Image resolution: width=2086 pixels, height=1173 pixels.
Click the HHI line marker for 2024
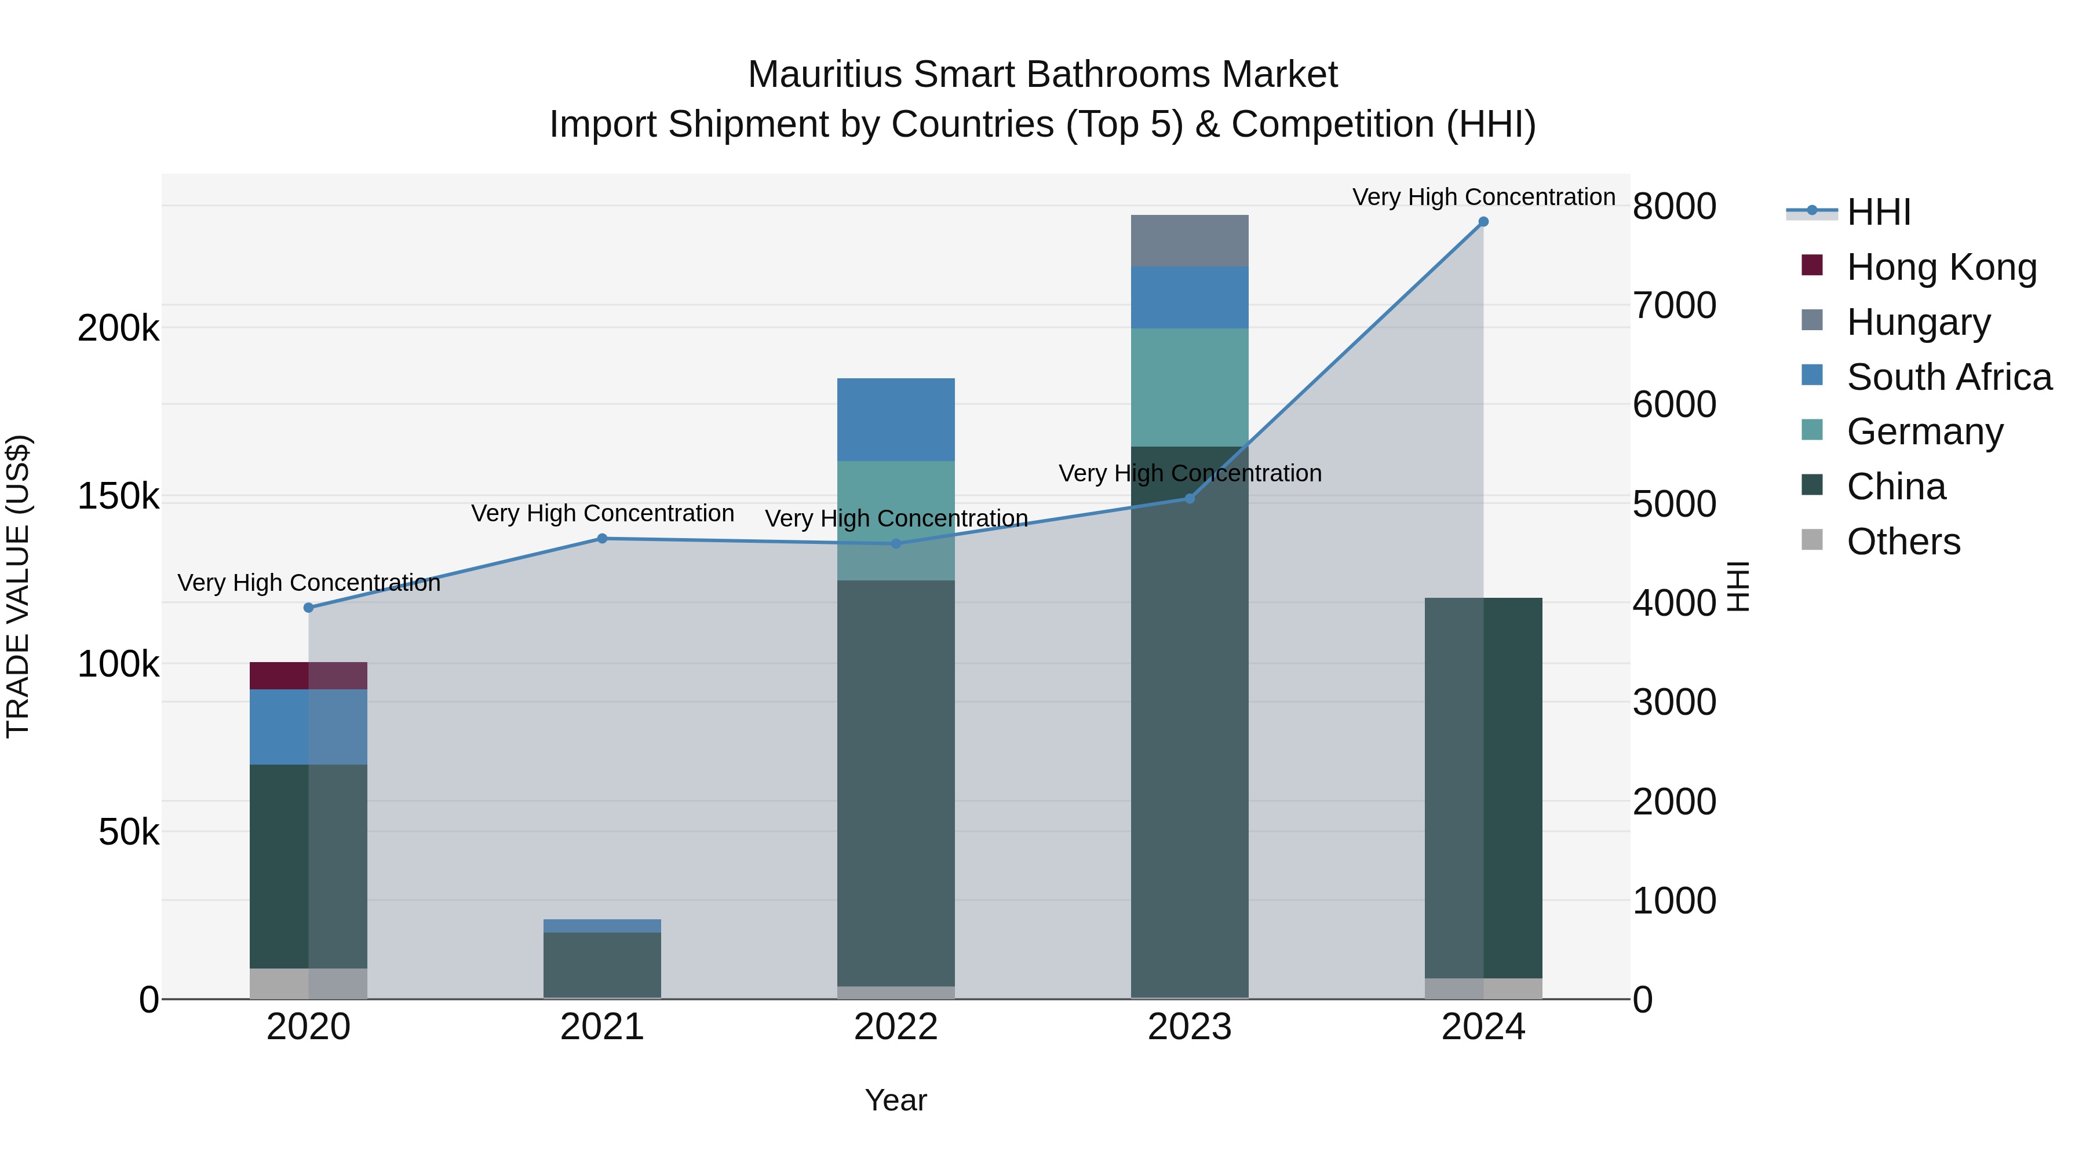coord(1483,222)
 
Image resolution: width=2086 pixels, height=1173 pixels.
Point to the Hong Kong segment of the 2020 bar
coord(308,676)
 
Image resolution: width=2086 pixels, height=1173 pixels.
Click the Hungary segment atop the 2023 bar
coord(1189,240)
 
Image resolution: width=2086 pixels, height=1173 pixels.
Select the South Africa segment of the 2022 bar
coord(896,419)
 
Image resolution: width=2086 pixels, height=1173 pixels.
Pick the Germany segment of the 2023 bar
coord(1189,387)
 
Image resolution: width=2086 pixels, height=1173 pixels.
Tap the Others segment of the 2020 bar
coord(308,983)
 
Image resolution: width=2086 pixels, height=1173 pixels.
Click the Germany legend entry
coord(1924,432)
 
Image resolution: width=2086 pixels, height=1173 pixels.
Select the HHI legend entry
coord(1878,212)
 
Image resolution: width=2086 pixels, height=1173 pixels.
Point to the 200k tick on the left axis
coord(118,328)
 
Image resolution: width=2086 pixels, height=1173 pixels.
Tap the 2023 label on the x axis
coord(1189,1027)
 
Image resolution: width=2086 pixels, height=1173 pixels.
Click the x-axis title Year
coord(896,1100)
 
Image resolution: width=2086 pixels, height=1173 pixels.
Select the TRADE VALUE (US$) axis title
coord(18,586)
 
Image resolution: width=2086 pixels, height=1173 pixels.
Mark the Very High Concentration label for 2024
coord(1483,197)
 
